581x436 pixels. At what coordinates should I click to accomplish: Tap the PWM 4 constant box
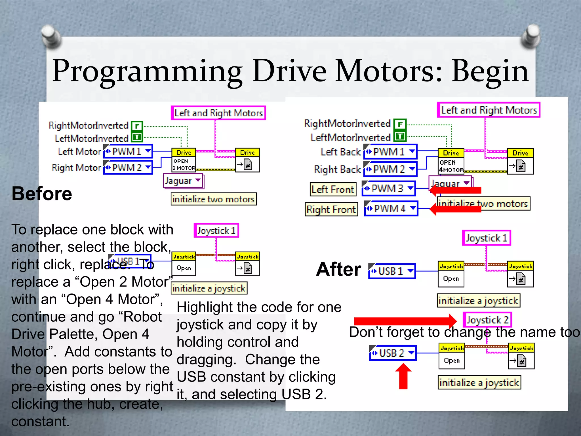point(391,209)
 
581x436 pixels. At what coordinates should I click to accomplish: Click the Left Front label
point(333,189)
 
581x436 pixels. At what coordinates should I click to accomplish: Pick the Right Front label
point(331,209)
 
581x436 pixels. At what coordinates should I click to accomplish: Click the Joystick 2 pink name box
point(487,320)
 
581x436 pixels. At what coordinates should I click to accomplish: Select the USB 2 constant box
point(393,353)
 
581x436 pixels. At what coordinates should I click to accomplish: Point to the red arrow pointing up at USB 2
point(403,376)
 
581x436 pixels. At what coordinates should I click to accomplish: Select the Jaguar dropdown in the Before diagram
point(183,181)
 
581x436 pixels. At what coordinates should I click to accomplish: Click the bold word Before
point(42,194)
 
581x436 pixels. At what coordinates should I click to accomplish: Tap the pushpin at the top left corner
point(51,36)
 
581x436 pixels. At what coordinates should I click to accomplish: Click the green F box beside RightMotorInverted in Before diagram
point(137,126)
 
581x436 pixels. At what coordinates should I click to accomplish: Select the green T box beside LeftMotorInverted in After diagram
point(400,137)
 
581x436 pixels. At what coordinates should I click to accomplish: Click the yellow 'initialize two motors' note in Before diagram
point(213,199)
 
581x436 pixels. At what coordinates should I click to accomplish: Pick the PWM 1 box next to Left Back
point(390,152)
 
